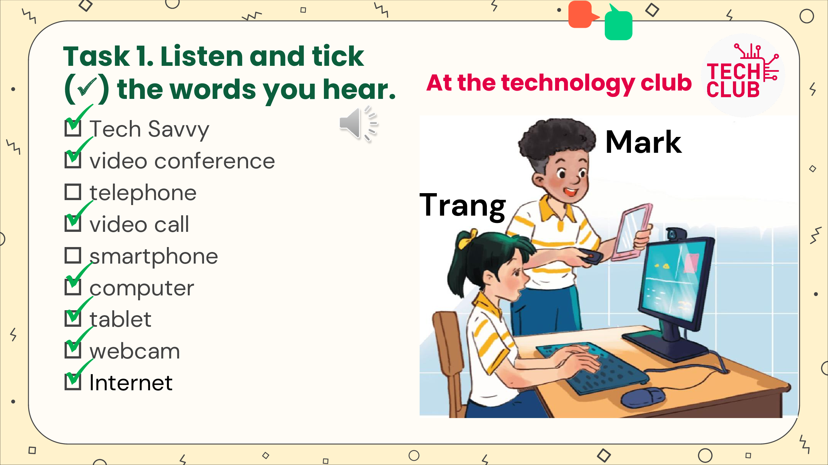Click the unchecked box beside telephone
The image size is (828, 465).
(73, 192)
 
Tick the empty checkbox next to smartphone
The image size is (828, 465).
(73, 256)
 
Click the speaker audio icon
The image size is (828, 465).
(358, 124)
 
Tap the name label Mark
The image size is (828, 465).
(643, 142)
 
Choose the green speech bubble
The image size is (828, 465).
(618, 23)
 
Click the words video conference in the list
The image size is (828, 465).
(182, 161)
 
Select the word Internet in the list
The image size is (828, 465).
(131, 383)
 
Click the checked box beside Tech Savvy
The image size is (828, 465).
(73, 128)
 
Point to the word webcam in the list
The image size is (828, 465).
(135, 351)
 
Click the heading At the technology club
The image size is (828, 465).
(559, 83)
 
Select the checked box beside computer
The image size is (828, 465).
(73, 287)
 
